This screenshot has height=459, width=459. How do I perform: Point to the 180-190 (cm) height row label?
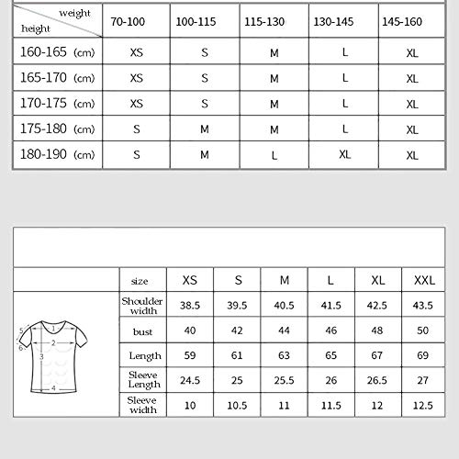coord(56,154)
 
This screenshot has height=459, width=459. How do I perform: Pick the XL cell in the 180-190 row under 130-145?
coord(344,154)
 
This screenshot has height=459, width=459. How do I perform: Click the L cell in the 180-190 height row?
coord(274,155)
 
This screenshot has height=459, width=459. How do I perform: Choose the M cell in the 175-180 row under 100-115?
coord(205,129)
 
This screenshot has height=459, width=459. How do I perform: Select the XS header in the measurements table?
coord(190,279)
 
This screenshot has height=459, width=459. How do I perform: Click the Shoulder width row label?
coord(142,305)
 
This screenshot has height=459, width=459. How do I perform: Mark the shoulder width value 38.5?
coord(190,305)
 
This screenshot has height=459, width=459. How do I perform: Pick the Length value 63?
coord(285,355)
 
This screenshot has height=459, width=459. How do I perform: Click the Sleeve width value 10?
coord(190,405)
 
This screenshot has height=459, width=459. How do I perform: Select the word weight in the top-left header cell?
coord(74,13)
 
